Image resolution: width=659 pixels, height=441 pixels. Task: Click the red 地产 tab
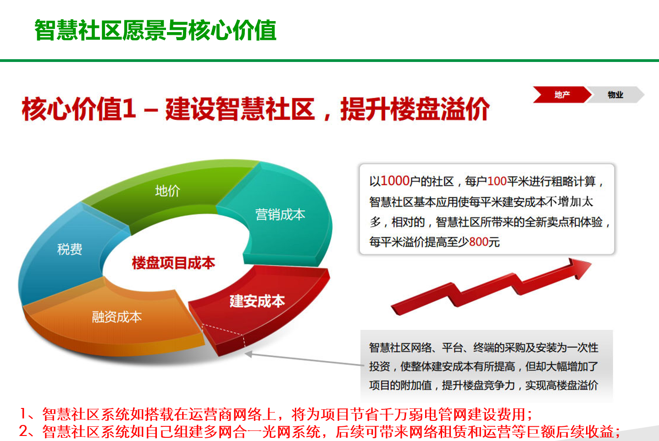click(562, 95)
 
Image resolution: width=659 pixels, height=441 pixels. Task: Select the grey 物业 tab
click(615, 95)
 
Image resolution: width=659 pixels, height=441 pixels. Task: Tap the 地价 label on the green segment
click(167, 191)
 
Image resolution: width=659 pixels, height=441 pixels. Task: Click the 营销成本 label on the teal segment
click(280, 214)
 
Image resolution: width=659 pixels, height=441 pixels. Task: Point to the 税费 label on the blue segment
click(69, 249)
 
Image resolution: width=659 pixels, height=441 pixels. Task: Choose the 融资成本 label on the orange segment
click(117, 317)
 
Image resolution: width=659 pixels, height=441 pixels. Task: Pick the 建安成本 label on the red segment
click(257, 301)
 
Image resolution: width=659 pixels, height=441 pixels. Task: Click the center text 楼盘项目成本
click(173, 262)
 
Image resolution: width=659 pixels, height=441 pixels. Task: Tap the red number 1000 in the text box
click(395, 181)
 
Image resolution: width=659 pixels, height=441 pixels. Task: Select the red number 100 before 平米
click(497, 181)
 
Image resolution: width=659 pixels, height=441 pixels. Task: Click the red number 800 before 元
click(479, 242)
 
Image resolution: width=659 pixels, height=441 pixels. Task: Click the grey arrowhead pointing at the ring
click(249, 354)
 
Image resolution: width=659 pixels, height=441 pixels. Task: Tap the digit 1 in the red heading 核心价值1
click(129, 109)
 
